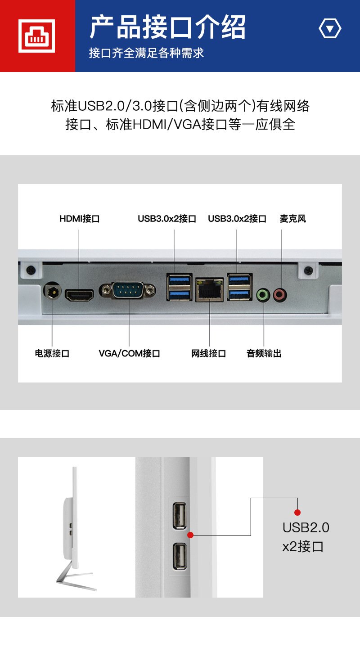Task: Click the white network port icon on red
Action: tap(36, 36)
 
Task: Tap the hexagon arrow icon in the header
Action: tap(330, 28)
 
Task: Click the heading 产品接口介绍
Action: tap(168, 27)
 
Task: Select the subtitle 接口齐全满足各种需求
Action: tap(146, 53)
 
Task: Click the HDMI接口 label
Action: tap(79, 219)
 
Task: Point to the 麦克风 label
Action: tap(292, 219)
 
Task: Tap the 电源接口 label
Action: tap(52, 354)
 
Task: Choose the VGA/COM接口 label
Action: tap(129, 354)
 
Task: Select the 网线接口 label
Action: tap(208, 354)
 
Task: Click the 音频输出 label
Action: tap(264, 354)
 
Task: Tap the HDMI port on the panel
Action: tap(79, 295)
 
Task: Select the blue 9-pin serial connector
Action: tap(128, 290)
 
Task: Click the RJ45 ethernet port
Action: tap(210, 289)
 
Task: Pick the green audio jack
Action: tap(263, 295)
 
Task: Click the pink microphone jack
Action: tap(280, 295)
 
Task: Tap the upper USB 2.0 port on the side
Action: tap(180, 516)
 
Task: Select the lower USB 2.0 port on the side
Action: tap(180, 556)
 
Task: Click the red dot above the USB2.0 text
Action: tap(297, 512)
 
